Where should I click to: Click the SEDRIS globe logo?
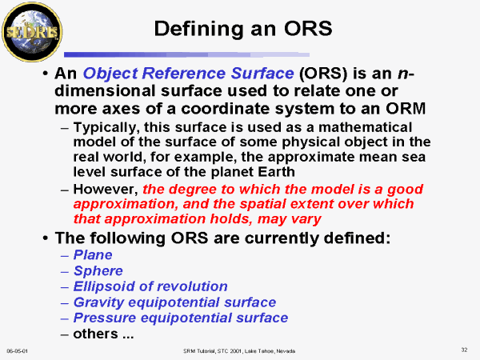[x=32, y=32]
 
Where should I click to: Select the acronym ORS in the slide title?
[x=308, y=29]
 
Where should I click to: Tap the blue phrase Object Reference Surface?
[x=188, y=74]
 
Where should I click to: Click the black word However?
[x=106, y=190]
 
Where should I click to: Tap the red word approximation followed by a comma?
[x=126, y=205]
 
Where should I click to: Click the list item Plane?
[x=93, y=254]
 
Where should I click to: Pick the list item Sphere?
[x=98, y=271]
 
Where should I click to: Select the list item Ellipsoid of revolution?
[x=150, y=286]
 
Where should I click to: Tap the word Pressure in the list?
[x=105, y=318]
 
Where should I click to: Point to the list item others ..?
[x=103, y=334]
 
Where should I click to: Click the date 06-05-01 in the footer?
[x=17, y=351]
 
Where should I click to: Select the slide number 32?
[x=464, y=350]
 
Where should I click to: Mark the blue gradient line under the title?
[x=186, y=54]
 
